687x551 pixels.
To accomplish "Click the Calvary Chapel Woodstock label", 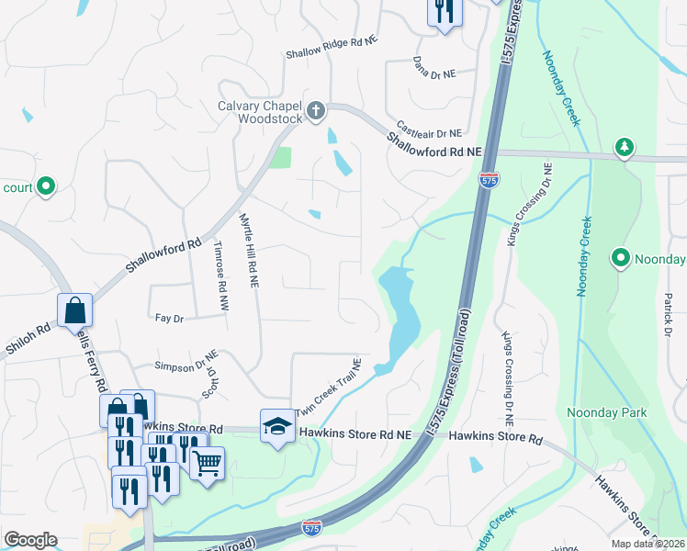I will point(260,112).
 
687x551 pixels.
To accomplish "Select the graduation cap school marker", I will point(276,426).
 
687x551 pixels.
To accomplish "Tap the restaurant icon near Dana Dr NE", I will point(444,12).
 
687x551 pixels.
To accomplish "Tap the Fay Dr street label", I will point(170,319).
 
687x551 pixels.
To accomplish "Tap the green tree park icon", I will point(625,147).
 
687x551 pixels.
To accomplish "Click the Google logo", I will point(30,540).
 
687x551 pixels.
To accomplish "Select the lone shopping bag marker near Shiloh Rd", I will point(74,311).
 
